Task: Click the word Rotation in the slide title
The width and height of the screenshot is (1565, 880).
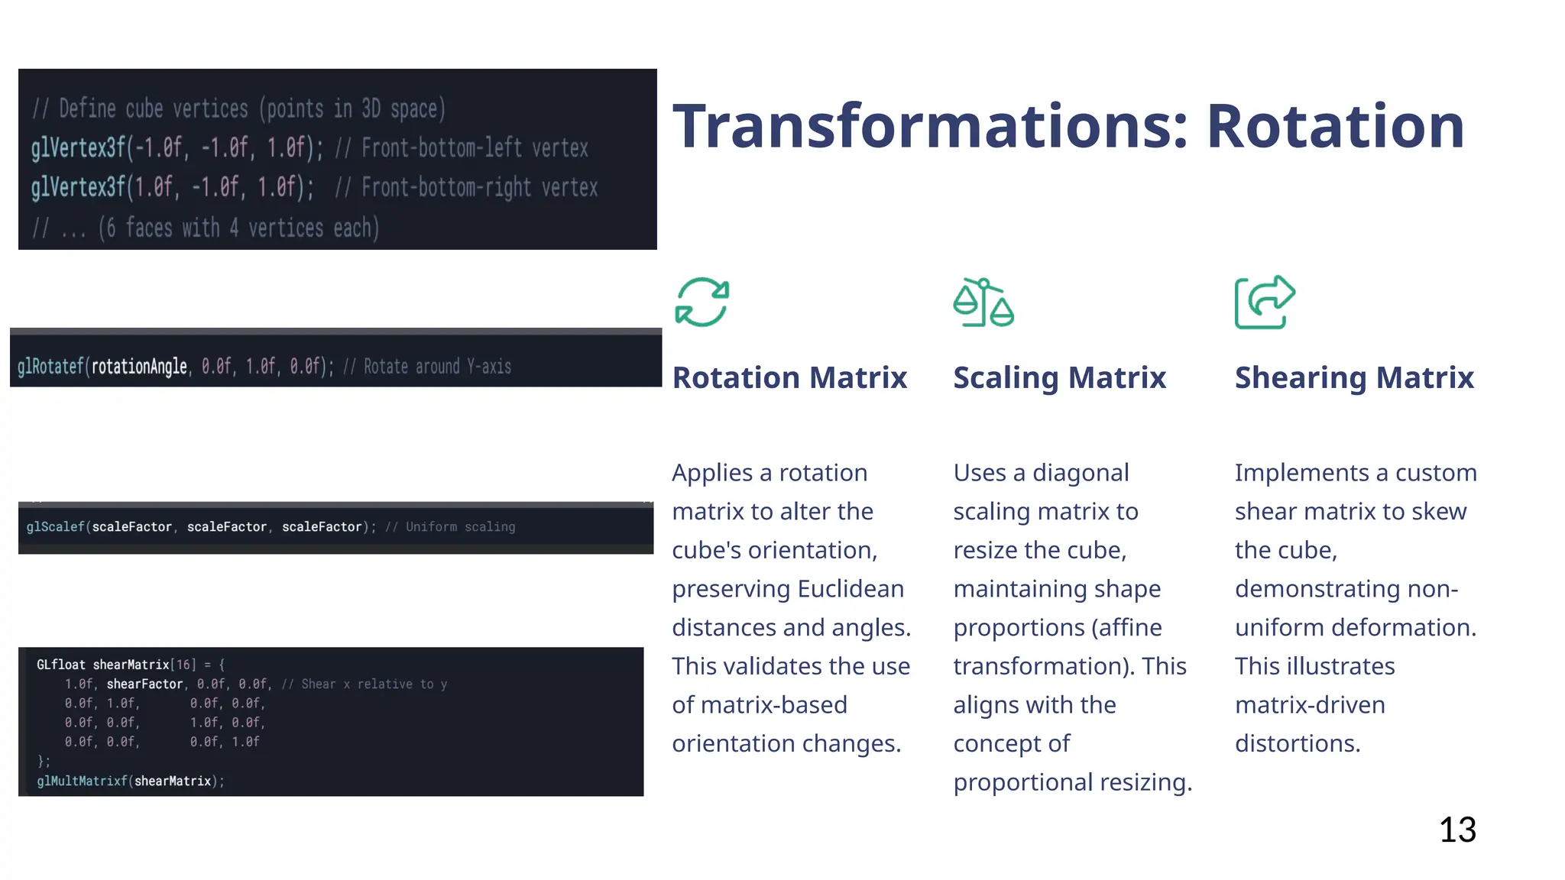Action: coord(1335,126)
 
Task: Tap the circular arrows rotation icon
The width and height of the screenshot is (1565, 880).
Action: coord(701,302)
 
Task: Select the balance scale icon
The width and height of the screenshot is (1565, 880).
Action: coord(983,302)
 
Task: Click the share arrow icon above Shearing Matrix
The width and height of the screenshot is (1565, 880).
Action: coord(1265,302)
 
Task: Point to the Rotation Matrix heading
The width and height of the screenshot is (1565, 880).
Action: coord(789,377)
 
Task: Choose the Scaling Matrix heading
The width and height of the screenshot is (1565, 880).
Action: coord(1059,377)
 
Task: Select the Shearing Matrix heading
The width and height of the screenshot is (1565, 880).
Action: coord(1354,377)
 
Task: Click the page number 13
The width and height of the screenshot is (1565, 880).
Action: coord(1457,830)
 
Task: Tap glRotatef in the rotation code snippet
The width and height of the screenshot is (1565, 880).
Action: coord(50,367)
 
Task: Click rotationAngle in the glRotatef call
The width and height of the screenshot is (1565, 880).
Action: coord(139,367)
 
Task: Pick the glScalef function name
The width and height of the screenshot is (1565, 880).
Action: coord(55,527)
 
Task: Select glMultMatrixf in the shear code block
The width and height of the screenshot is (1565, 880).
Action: coord(82,781)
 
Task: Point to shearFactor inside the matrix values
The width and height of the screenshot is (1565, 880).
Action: coord(144,684)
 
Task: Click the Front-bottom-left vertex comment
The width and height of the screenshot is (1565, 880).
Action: coord(474,148)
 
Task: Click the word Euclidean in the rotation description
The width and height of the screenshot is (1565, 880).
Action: coord(851,589)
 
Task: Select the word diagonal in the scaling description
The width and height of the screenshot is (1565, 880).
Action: coord(1080,473)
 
